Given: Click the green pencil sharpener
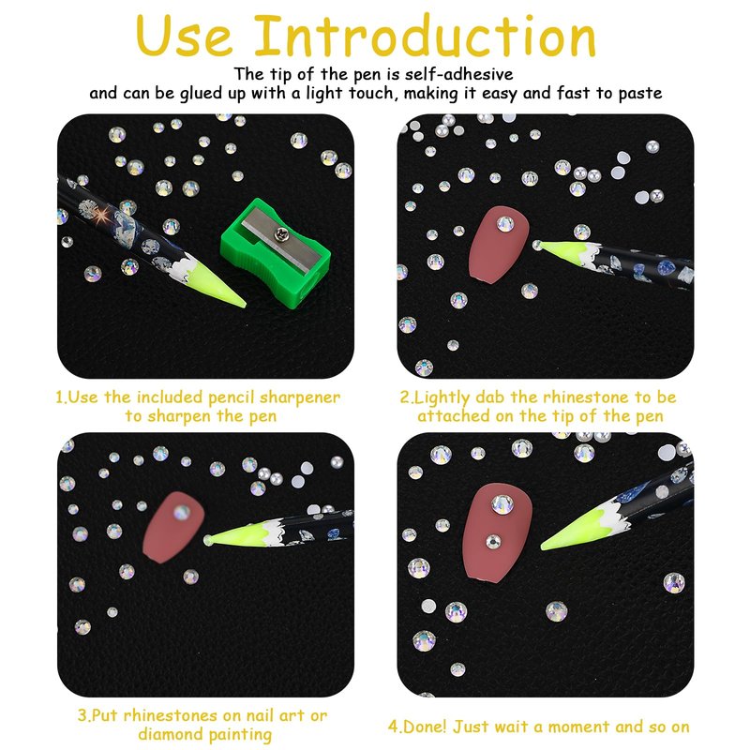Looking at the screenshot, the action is (x=276, y=253).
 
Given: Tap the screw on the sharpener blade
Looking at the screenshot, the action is (x=279, y=233).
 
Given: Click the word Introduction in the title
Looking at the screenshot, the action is (x=426, y=36).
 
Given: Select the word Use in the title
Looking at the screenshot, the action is (x=184, y=37).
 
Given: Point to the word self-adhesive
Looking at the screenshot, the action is (x=459, y=74).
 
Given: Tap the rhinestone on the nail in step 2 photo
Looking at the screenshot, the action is (x=505, y=223).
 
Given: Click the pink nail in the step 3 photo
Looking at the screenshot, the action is (x=173, y=527).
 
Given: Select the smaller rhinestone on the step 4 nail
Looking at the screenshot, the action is (x=494, y=542).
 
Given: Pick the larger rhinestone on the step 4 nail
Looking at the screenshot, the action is (x=502, y=504).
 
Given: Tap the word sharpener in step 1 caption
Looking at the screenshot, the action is (x=299, y=397).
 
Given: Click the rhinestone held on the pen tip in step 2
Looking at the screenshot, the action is (x=537, y=246).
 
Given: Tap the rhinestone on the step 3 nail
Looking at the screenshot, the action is (x=182, y=512).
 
